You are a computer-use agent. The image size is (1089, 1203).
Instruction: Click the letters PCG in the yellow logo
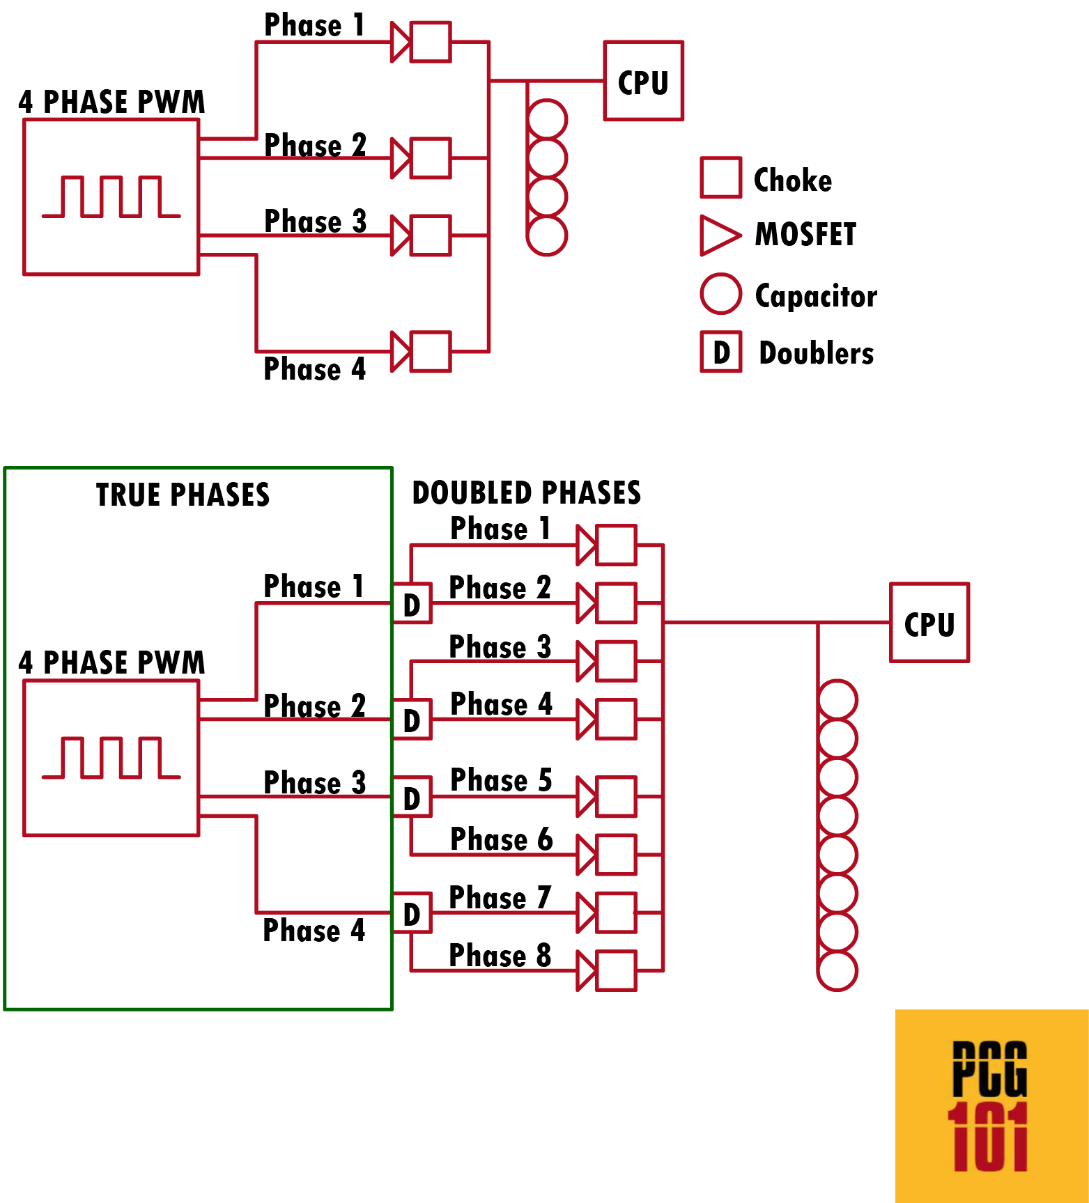[989, 1069]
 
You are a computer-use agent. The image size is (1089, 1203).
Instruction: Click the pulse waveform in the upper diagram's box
[111, 196]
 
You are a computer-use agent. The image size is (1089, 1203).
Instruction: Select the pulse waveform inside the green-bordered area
[111, 757]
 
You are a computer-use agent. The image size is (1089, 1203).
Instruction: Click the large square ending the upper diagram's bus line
[643, 80]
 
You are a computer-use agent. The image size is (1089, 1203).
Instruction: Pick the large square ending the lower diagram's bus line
[929, 622]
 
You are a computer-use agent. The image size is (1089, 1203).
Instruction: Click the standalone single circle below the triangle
[720, 293]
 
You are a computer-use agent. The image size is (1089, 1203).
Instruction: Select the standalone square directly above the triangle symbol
[720, 177]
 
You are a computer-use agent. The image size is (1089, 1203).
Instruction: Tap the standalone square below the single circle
[720, 351]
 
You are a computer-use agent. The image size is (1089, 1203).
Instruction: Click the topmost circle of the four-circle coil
[547, 119]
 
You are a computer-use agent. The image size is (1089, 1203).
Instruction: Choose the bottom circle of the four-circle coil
[547, 235]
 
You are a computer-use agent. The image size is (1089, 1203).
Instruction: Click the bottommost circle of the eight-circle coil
[837, 970]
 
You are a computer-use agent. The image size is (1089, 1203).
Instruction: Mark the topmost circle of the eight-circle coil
[837, 699]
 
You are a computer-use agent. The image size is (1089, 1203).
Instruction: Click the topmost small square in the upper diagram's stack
[431, 42]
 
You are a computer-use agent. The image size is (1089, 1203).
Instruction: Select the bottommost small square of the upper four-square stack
[431, 351]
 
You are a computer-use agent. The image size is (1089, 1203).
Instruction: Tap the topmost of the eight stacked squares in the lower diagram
[616, 545]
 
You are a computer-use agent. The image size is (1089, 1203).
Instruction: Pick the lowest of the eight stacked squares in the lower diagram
[616, 970]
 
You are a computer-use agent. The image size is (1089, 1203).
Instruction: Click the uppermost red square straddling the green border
[411, 603]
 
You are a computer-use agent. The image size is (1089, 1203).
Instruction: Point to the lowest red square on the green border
[411, 912]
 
